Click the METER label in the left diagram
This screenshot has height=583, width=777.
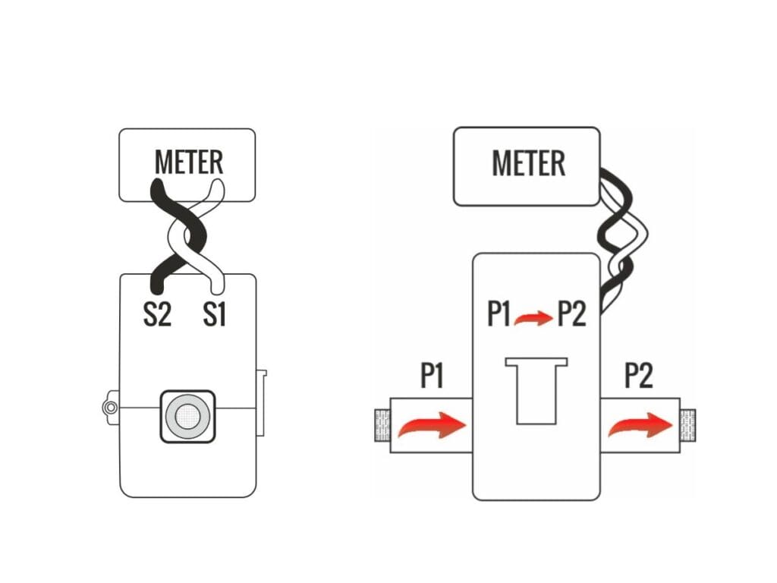pos(189,162)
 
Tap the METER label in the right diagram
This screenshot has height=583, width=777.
pos(528,163)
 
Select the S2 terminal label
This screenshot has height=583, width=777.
pos(158,314)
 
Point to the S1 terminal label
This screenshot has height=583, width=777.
pos(215,314)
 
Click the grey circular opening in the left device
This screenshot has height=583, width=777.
pos(187,415)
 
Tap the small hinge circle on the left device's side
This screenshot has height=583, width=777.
pos(110,408)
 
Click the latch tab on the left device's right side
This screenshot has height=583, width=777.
pos(262,403)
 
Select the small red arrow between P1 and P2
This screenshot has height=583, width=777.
pos(533,319)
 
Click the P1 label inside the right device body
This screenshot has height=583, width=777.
pos(498,314)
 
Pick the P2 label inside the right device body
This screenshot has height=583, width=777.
pos(571,314)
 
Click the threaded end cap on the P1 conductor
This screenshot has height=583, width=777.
pos(382,426)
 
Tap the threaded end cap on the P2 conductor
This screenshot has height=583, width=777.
pos(688,427)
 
